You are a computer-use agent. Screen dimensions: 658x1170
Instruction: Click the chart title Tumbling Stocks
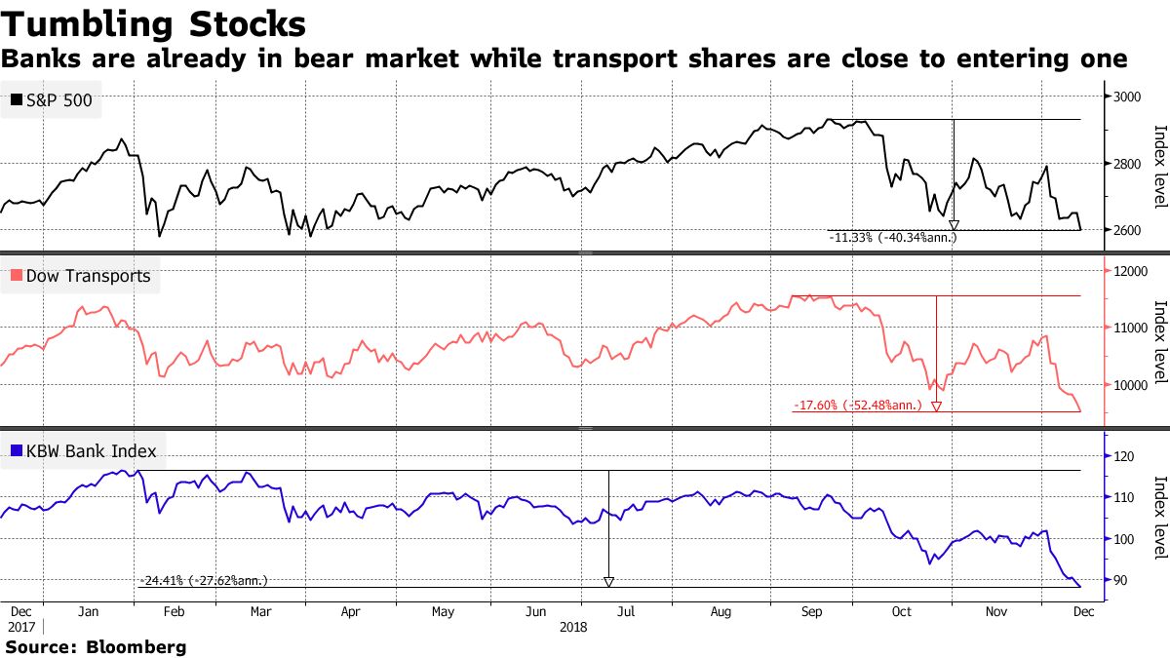click(x=153, y=22)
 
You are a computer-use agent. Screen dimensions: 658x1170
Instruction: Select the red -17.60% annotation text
click(x=857, y=406)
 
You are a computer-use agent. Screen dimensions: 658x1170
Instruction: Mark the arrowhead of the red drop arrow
click(x=937, y=406)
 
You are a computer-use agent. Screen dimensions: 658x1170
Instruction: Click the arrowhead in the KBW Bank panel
click(x=608, y=582)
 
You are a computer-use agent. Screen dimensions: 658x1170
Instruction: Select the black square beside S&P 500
click(x=17, y=100)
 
